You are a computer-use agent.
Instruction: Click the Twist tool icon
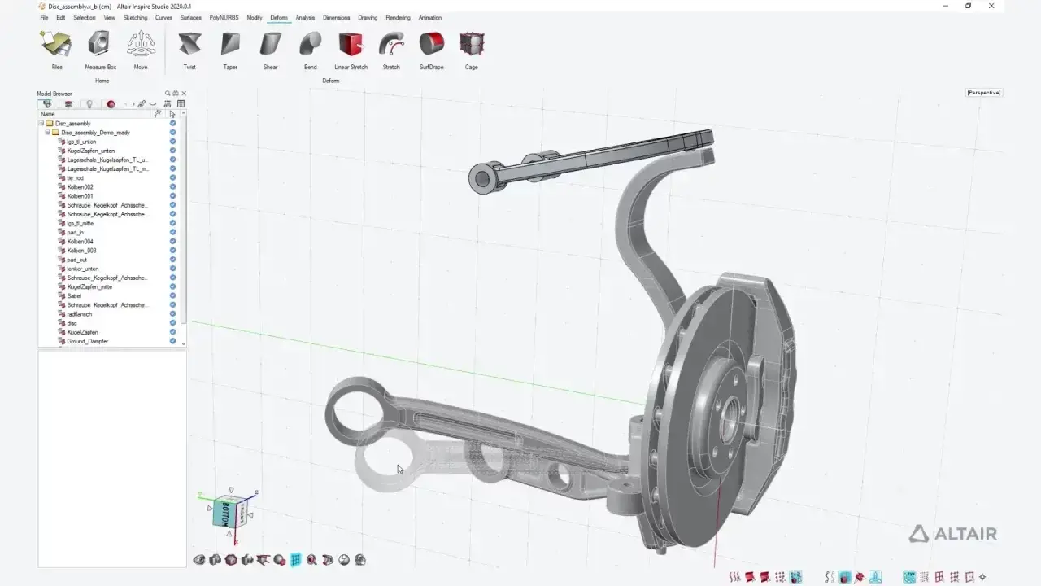pyautogui.click(x=189, y=44)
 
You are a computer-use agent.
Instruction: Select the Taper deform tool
pyautogui.click(x=230, y=44)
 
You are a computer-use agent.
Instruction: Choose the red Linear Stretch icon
pyautogui.click(x=351, y=44)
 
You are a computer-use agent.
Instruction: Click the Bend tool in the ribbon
pyautogui.click(x=310, y=44)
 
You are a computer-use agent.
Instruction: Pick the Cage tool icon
pyautogui.click(x=471, y=44)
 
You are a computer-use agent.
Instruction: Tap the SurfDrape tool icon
pyautogui.click(x=431, y=44)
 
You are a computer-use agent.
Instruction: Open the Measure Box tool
pyautogui.click(x=100, y=44)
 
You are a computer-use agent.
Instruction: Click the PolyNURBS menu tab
pyautogui.click(x=224, y=17)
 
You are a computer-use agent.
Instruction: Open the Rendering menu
pyautogui.click(x=398, y=17)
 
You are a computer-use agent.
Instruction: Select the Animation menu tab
pyautogui.click(x=430, y=17)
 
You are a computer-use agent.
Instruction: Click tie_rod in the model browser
pyautogui.click(x=76, y=178)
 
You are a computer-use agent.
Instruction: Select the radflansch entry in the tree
pyautogui.click(x=80, y=314)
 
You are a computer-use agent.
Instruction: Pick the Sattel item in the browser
pyautogui.click(x=74, y=296)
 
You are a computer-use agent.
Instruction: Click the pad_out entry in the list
pyautogui.click(x=77, y=260)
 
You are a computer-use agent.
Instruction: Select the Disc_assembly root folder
pyautogui.click(x=72, y=124)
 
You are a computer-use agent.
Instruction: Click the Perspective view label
pyautogui.click(x=983, y=93)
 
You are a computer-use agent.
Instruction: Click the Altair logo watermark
pyautogui.click(x=952, y=534)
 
